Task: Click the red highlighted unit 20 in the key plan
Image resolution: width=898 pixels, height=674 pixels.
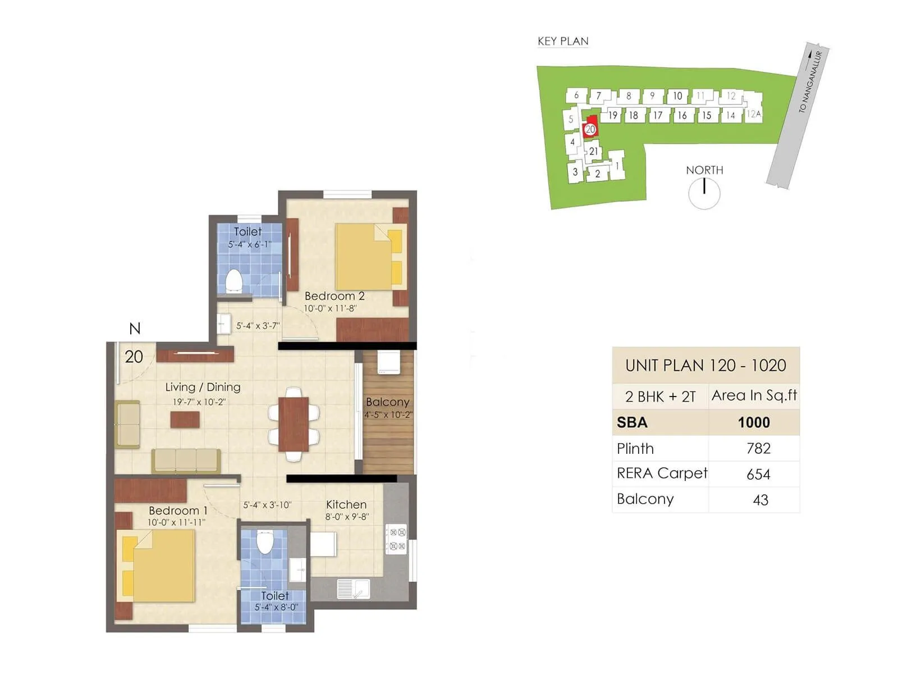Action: [x=590, y=129]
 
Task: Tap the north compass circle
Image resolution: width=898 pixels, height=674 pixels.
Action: [x=704, y=193]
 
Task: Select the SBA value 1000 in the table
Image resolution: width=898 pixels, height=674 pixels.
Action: [x=754, y=422]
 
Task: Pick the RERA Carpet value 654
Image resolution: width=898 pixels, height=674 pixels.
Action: [x=758, y=474]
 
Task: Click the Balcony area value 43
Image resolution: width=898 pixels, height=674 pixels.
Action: [x=760, y=500]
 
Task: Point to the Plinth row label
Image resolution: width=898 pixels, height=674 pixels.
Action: [x=635, y=449]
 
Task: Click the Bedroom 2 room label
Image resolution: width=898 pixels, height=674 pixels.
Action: [x=335, y=296]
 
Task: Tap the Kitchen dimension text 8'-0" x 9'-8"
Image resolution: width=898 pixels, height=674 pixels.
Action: [x=347, y=517]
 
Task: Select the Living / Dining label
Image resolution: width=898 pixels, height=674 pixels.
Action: [x=203, y=387]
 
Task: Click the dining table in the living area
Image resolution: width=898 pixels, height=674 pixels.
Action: [x=294, y=424]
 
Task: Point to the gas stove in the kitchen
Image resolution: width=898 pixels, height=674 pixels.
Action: [x=396, y=539]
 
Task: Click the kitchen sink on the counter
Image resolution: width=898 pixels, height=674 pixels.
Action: [x=354, y=589]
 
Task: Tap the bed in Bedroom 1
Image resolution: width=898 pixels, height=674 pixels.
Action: [x=159, y=566]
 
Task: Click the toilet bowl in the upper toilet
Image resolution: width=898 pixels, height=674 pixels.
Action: [x=233, y=280]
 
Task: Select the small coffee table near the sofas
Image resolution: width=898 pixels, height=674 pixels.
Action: [x=185, y=420]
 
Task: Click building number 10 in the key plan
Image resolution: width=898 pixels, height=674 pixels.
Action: [x=677, y=96]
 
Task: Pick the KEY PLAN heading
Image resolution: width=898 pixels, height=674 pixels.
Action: [x=563, y=41]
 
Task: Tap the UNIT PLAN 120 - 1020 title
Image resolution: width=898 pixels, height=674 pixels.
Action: [x=705, y=366]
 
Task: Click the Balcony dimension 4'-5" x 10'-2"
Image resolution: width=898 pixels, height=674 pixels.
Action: [x=388, y=415]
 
